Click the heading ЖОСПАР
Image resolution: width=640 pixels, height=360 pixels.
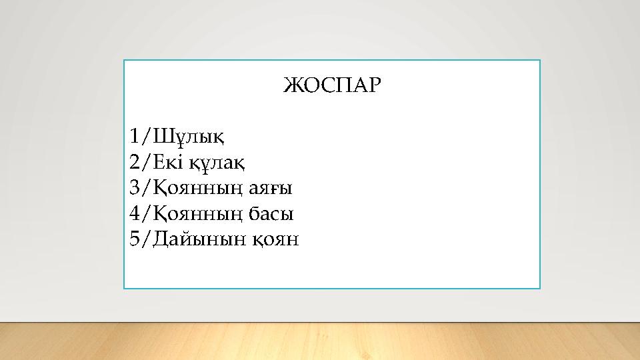coord(331,86)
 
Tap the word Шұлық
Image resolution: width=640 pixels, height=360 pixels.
coord(189,137)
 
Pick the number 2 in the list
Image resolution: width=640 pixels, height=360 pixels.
coord(136,162)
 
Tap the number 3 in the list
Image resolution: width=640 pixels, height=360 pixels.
coord(136,187)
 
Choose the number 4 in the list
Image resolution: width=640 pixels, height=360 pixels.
coord(136,213)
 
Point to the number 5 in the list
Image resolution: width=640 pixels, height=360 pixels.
coord(136,239)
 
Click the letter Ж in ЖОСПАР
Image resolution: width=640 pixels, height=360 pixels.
coord(291,86)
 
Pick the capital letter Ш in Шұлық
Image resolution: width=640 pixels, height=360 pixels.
coord(162,137)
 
